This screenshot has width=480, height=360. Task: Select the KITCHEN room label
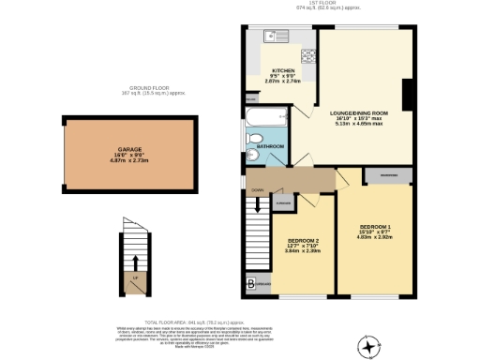point(283,71)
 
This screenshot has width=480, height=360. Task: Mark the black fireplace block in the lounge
point(407,95)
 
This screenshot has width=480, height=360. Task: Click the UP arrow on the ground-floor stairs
point(137,263)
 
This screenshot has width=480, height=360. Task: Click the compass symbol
point(373,348)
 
